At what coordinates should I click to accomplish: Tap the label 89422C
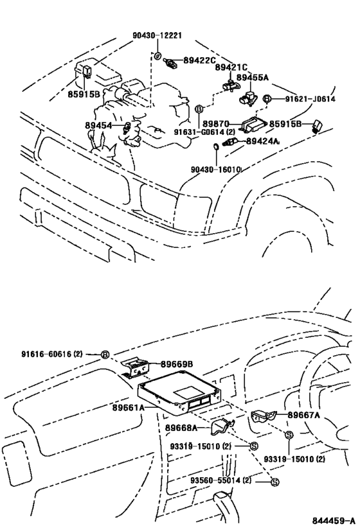200,61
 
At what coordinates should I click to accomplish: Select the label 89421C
231,67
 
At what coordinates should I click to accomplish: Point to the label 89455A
253,77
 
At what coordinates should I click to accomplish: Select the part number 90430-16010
215,170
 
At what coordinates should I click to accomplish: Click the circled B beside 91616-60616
105,354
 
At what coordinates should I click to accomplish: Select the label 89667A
304,415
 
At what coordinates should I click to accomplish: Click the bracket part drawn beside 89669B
137,367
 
